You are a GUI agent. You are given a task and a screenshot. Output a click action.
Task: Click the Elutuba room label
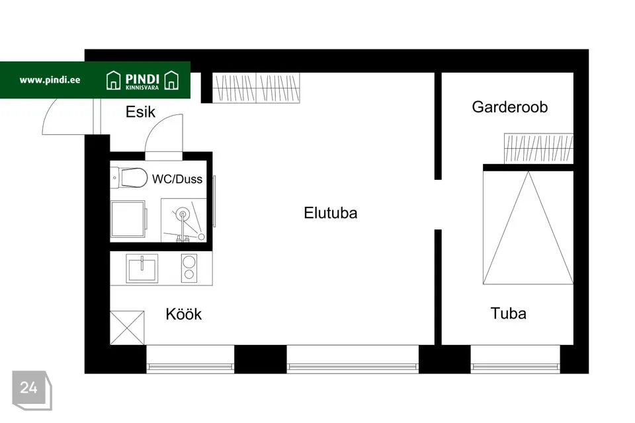[331, 213]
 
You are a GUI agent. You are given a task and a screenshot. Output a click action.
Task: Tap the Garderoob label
[509, 107]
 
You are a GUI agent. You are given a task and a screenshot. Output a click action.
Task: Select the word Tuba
[508, 313]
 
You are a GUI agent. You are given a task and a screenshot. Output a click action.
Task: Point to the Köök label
[183, 314]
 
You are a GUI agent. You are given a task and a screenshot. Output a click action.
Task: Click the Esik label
[140, 112]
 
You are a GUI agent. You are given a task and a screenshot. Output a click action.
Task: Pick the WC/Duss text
[177, 179]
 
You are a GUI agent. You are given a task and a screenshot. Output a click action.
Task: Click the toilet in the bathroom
[129, 178]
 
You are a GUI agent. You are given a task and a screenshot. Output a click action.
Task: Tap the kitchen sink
[142, 268]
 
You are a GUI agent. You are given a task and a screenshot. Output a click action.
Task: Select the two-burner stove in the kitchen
[189, 268]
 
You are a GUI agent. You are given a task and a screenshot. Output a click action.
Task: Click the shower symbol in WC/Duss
[184, 220]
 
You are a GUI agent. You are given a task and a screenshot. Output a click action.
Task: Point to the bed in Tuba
[528, 227]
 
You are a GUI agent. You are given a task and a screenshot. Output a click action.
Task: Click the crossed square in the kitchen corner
[127, 328]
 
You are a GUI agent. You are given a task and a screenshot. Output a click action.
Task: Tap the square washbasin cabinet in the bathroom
[128, 219]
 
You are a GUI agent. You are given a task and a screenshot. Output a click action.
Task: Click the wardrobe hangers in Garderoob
[538, 148]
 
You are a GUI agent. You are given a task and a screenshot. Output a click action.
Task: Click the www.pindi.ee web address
[50, 80]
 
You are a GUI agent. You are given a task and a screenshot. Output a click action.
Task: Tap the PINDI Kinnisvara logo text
[142, 81]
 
